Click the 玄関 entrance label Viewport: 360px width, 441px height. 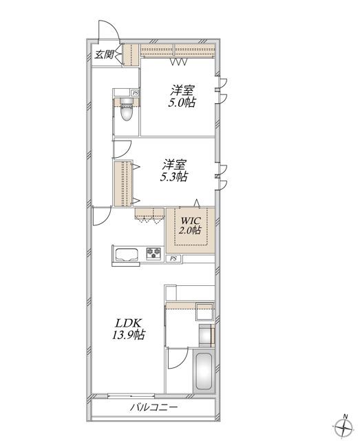tap(104, 54)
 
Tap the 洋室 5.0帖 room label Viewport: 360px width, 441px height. tap(182, 96)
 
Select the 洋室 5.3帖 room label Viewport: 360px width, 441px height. tap(174, 171)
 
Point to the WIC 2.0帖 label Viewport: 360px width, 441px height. tap(191, 225)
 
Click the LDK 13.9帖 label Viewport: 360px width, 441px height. tap(129, 329)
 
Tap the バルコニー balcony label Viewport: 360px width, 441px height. tap(153, 407)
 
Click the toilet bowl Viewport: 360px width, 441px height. tap(126, 110)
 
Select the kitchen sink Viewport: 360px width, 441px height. tap(127, 255)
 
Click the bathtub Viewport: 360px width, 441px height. tap(204, 371)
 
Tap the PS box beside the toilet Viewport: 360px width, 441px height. tap(136, 92)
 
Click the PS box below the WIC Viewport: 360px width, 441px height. tap(173, 258)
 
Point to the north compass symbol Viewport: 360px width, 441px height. tap(344, 429)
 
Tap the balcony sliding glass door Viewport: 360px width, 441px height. tap(131, 396)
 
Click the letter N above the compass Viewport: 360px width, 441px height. tap(346, 416)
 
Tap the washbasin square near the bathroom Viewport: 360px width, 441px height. tap(204, 311)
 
